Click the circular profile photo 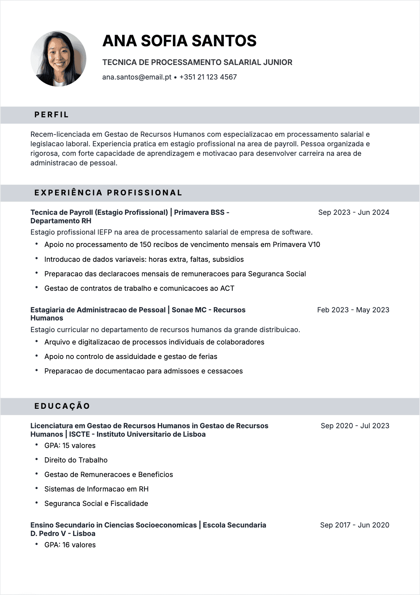[x=58, y=59]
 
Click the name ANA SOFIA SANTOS [x=179, y=41]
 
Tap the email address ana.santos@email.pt [x=137, y=77]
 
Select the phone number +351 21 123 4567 [x=208, y=77]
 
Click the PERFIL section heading [x=52, y=115]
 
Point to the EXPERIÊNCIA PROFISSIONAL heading [x=108, y=193]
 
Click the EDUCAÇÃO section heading [x=62, y=406]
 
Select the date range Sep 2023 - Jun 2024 [x=353, y=212]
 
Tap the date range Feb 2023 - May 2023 [x=353, y=310]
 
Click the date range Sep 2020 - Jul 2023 [x=355, y=426]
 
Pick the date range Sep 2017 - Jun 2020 [x=354, y=525]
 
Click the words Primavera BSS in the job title [x=199, y=212]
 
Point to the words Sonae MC [x=189, y=310]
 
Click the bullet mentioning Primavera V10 [x=182, y=245]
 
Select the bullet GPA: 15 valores [x=70, y=446]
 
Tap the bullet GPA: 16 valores [x=70, y=545]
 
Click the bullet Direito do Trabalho [x=76, y=460]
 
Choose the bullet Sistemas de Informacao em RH [x=96, y=489]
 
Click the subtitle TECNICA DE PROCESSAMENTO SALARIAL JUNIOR [x=197, y=63]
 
